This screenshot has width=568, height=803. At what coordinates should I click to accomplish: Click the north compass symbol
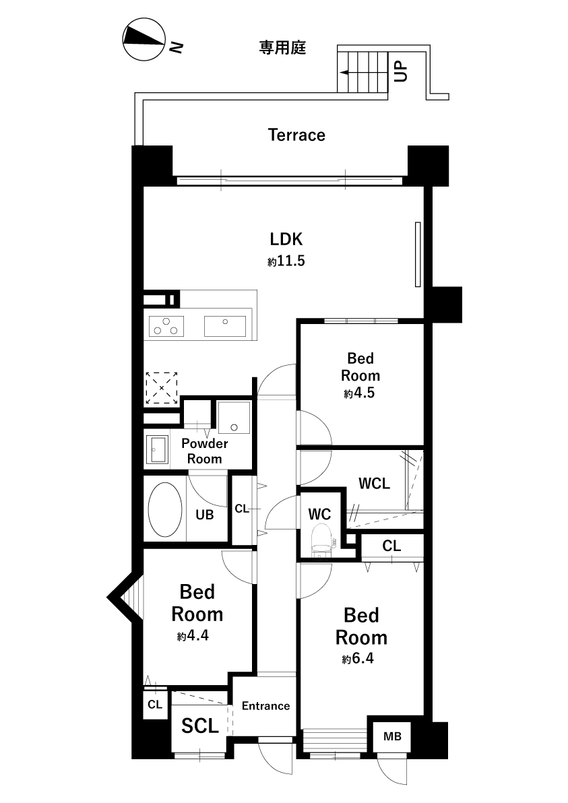point(144,40)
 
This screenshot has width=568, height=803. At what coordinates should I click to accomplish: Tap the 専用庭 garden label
point(282,48)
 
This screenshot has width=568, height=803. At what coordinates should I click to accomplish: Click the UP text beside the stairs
point(400,71)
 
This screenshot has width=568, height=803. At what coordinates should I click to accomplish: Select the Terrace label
point(296,135)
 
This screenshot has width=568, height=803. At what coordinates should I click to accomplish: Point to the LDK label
point(286,238)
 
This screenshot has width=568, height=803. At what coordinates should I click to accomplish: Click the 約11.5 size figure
point(286,261)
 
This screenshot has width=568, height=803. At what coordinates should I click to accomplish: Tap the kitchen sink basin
point(225,326)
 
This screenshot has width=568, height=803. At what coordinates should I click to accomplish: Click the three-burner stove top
point(166,326)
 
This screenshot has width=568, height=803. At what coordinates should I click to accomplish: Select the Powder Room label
point(204,451)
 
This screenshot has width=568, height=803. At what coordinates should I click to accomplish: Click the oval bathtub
point(165,509)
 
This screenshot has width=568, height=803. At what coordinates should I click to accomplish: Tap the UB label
point(204,515)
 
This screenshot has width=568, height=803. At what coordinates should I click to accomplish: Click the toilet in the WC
point(321,542)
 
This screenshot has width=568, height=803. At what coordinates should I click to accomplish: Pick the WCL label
point(374,483)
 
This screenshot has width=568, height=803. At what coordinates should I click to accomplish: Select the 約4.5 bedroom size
point(359,393)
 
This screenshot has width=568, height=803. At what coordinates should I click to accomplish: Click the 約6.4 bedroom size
point(358,658)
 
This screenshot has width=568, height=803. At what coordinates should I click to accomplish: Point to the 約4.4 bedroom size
point(193,635)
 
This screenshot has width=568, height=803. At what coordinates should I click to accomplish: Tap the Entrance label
point(266,706)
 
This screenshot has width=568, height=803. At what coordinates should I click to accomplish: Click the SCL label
point(200,726)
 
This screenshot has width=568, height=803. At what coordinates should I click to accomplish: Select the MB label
point(392,736)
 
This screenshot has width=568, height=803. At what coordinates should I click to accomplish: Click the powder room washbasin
point(157,449)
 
